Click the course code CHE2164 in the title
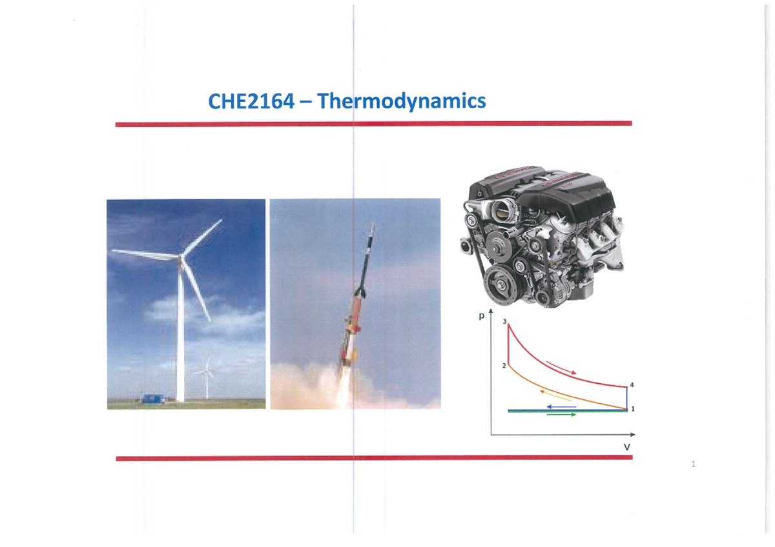coord(247,102)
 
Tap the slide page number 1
coord(692,464)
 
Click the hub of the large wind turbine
coord(181,257)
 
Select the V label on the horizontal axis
coord(626,447)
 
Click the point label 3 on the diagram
coord(504,321)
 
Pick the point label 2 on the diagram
coord(504,366)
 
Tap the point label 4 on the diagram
coord(632,385)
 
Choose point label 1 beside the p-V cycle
coord(633,408)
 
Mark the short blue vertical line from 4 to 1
coord(626,397)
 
